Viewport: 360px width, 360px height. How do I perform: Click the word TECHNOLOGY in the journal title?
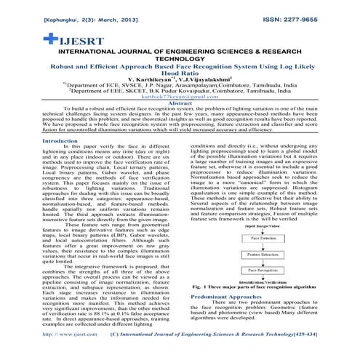click(180, 60)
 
